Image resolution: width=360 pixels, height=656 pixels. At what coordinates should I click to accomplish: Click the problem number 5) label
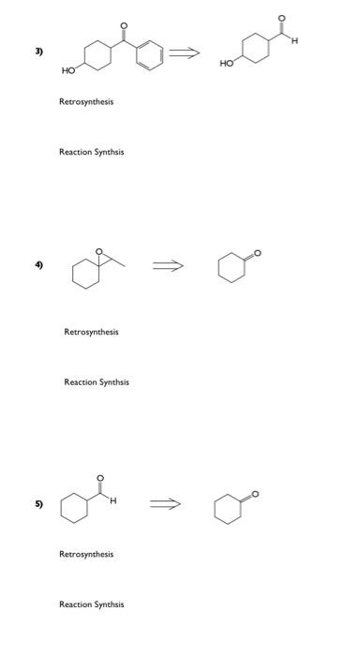click(38, 504)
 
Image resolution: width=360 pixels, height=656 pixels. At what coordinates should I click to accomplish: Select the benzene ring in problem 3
click(150, 52)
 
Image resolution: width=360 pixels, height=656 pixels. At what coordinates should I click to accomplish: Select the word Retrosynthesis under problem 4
click(91, 332)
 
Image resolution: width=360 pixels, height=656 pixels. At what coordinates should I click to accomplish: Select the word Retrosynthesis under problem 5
click(86, 554)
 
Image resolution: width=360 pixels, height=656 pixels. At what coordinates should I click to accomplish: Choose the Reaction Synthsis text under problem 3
click(91, 152)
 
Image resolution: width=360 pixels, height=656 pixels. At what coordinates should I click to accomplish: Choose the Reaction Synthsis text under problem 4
click(97, 381)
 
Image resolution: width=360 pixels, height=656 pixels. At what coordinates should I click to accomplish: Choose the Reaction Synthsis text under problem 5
click(91, 604)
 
